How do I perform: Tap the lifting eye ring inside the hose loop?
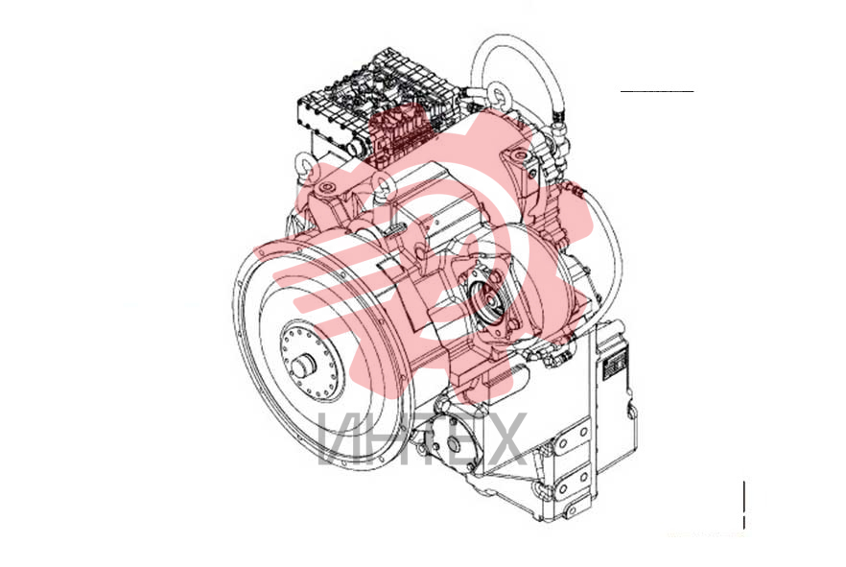[x=499, y=92]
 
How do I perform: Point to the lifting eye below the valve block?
[x=384, y=185]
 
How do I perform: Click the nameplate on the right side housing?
[x=615, y=364]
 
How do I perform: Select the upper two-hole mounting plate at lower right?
[x=573, y=437]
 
